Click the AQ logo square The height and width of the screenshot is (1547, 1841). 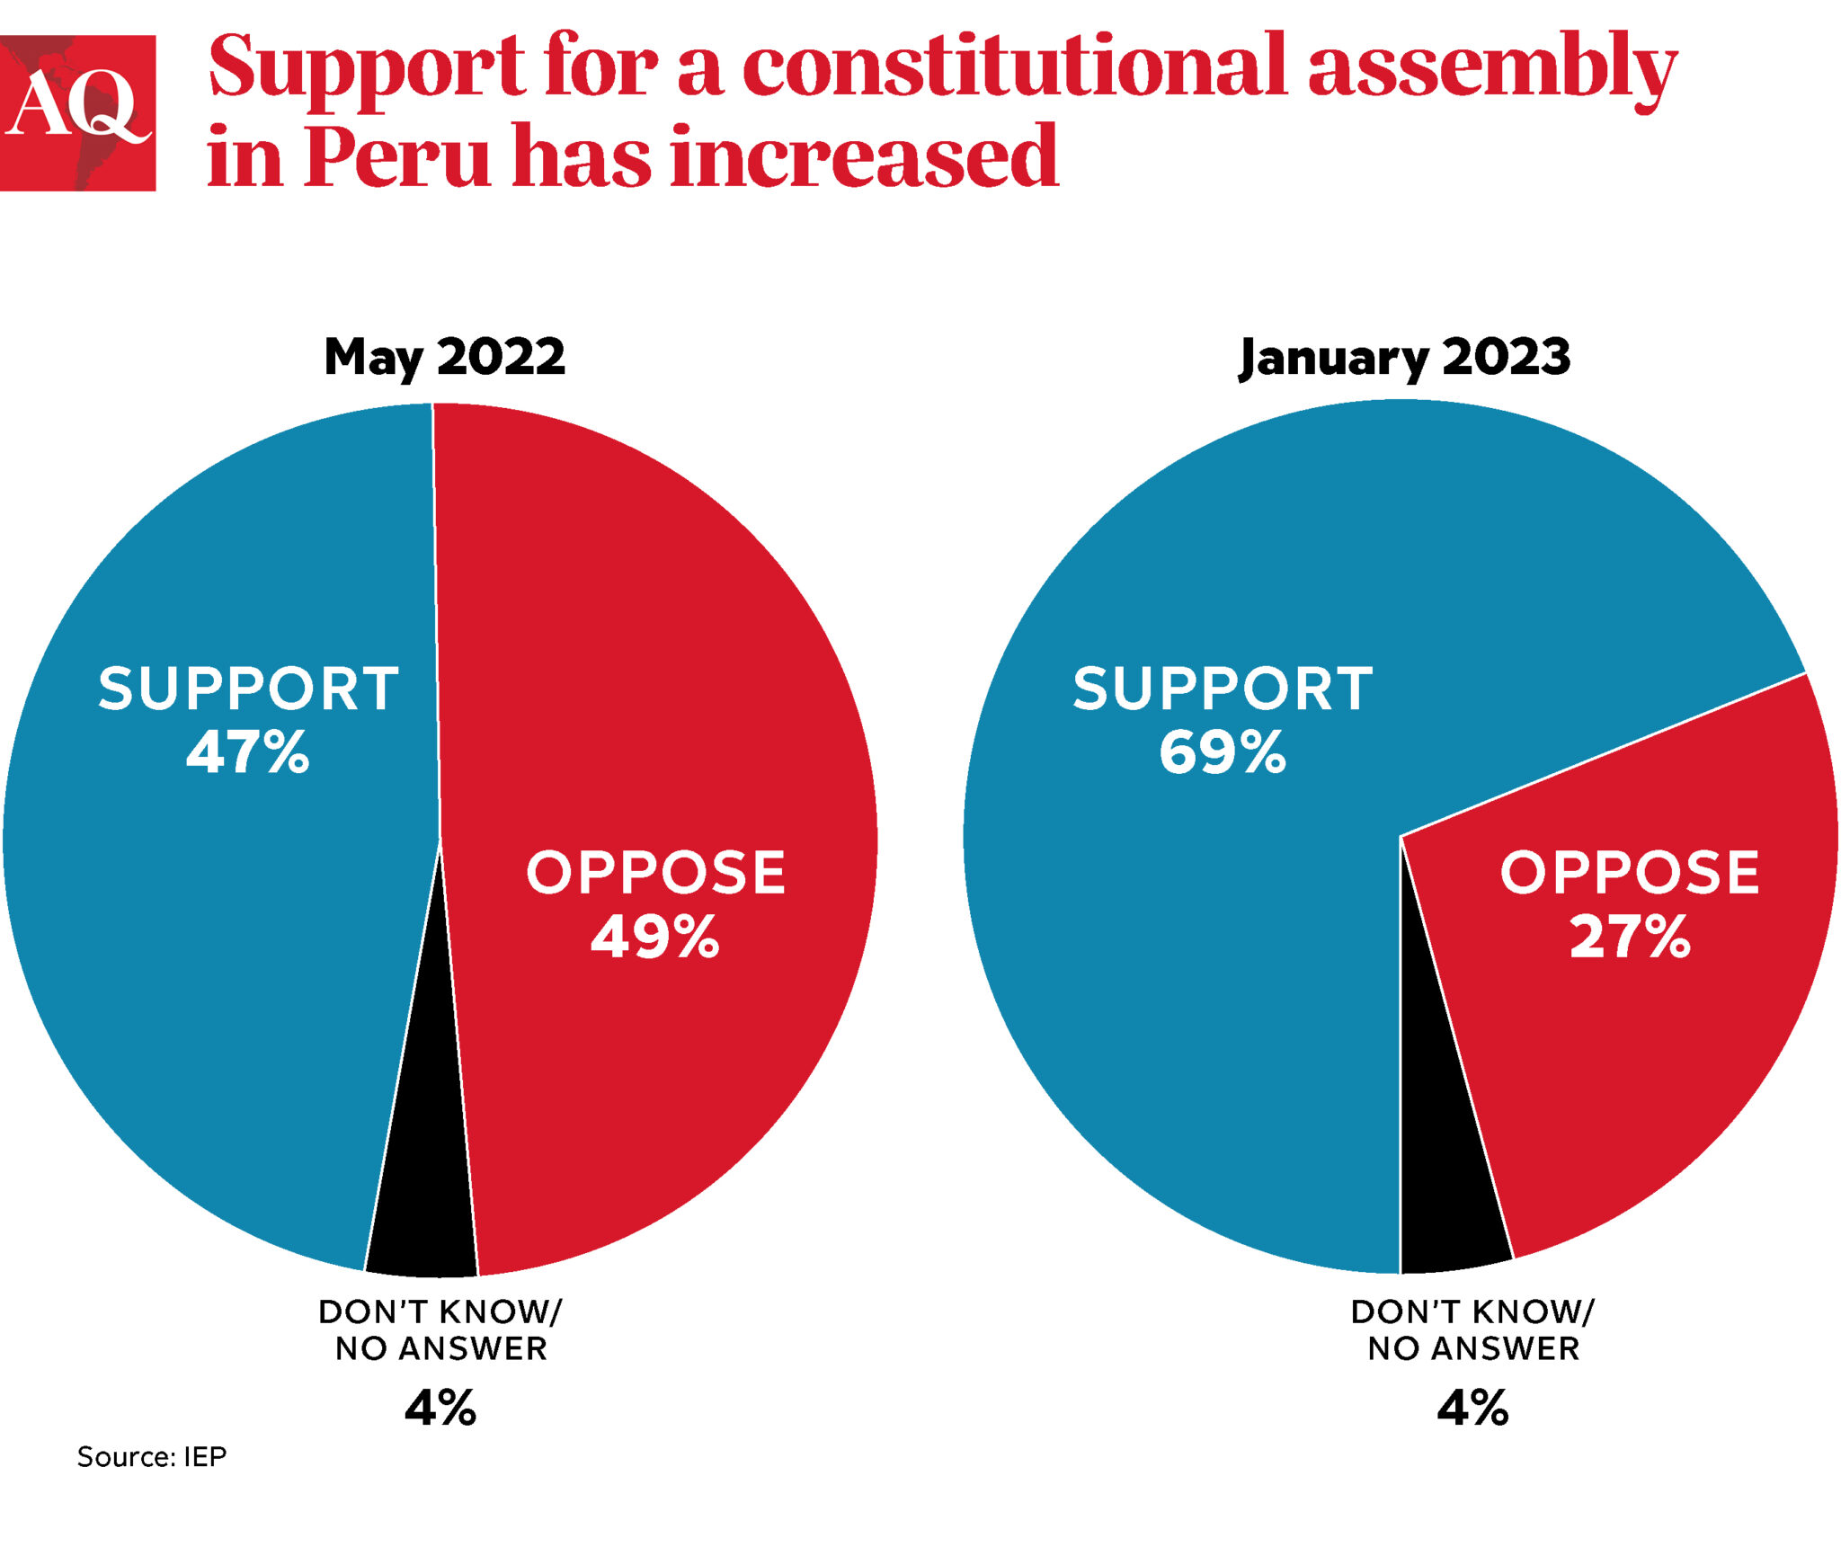click(x=77, y=112)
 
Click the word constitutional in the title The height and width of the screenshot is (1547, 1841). click(x=1014, y=67)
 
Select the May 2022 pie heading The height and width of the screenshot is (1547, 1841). click(x=444, y=357)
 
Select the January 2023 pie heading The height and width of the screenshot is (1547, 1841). click(x=1404, y=357)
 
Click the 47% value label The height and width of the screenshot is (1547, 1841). click(x=248, y=752)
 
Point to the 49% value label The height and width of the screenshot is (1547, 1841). click(x=654, y=937)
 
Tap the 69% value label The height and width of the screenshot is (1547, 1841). click(x=1223, y=752)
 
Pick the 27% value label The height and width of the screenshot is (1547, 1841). click(x=1630, y=937)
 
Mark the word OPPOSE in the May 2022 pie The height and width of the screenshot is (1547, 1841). click(x=655, y=873)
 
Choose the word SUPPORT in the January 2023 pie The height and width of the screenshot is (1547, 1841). click(x=1223, y=689)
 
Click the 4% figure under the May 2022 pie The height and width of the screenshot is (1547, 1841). click(x=440, y=1408)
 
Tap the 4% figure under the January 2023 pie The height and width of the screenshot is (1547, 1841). click(x=1472, y=1408)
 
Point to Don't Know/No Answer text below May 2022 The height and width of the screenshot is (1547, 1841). click(x=440, y=1330)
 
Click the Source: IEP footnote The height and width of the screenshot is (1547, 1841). click(x=152, y=1456)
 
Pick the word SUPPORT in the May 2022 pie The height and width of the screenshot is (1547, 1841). click(x=248, y=689)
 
